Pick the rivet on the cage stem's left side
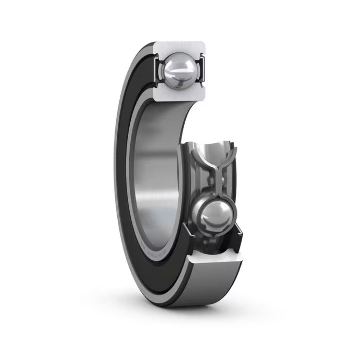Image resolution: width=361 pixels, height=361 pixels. pyautogui.click(x=211, y=181)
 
